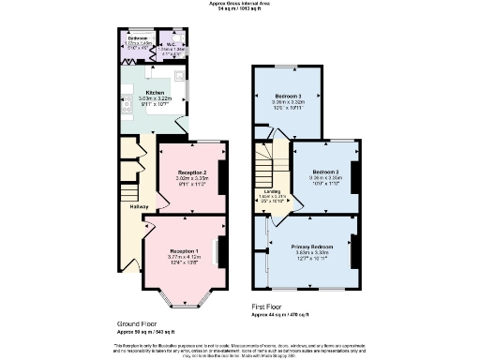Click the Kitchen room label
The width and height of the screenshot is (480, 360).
tap(155, 92)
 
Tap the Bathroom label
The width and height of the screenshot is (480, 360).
tap(139, 38)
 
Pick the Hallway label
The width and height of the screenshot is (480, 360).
tap(139, 206)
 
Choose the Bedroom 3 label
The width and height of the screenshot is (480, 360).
tap(288, 97)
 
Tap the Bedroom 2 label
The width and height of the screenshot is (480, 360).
tap(325, 172)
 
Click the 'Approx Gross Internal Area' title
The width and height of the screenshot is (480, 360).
tap(240, 4)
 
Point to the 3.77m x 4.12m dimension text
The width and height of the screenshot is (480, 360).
tap(184, 257)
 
